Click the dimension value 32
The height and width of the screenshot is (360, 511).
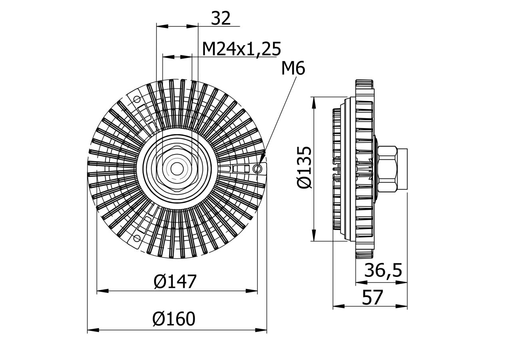[220, 18]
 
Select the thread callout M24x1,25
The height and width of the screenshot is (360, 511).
[241, 49]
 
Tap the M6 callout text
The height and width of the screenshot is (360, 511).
[293, 69]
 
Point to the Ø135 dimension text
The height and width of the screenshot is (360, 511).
[304, 168]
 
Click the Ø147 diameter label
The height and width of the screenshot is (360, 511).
[175, 282]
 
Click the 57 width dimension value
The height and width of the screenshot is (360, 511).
[372, 298]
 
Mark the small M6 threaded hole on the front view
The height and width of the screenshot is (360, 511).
[258, 169]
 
